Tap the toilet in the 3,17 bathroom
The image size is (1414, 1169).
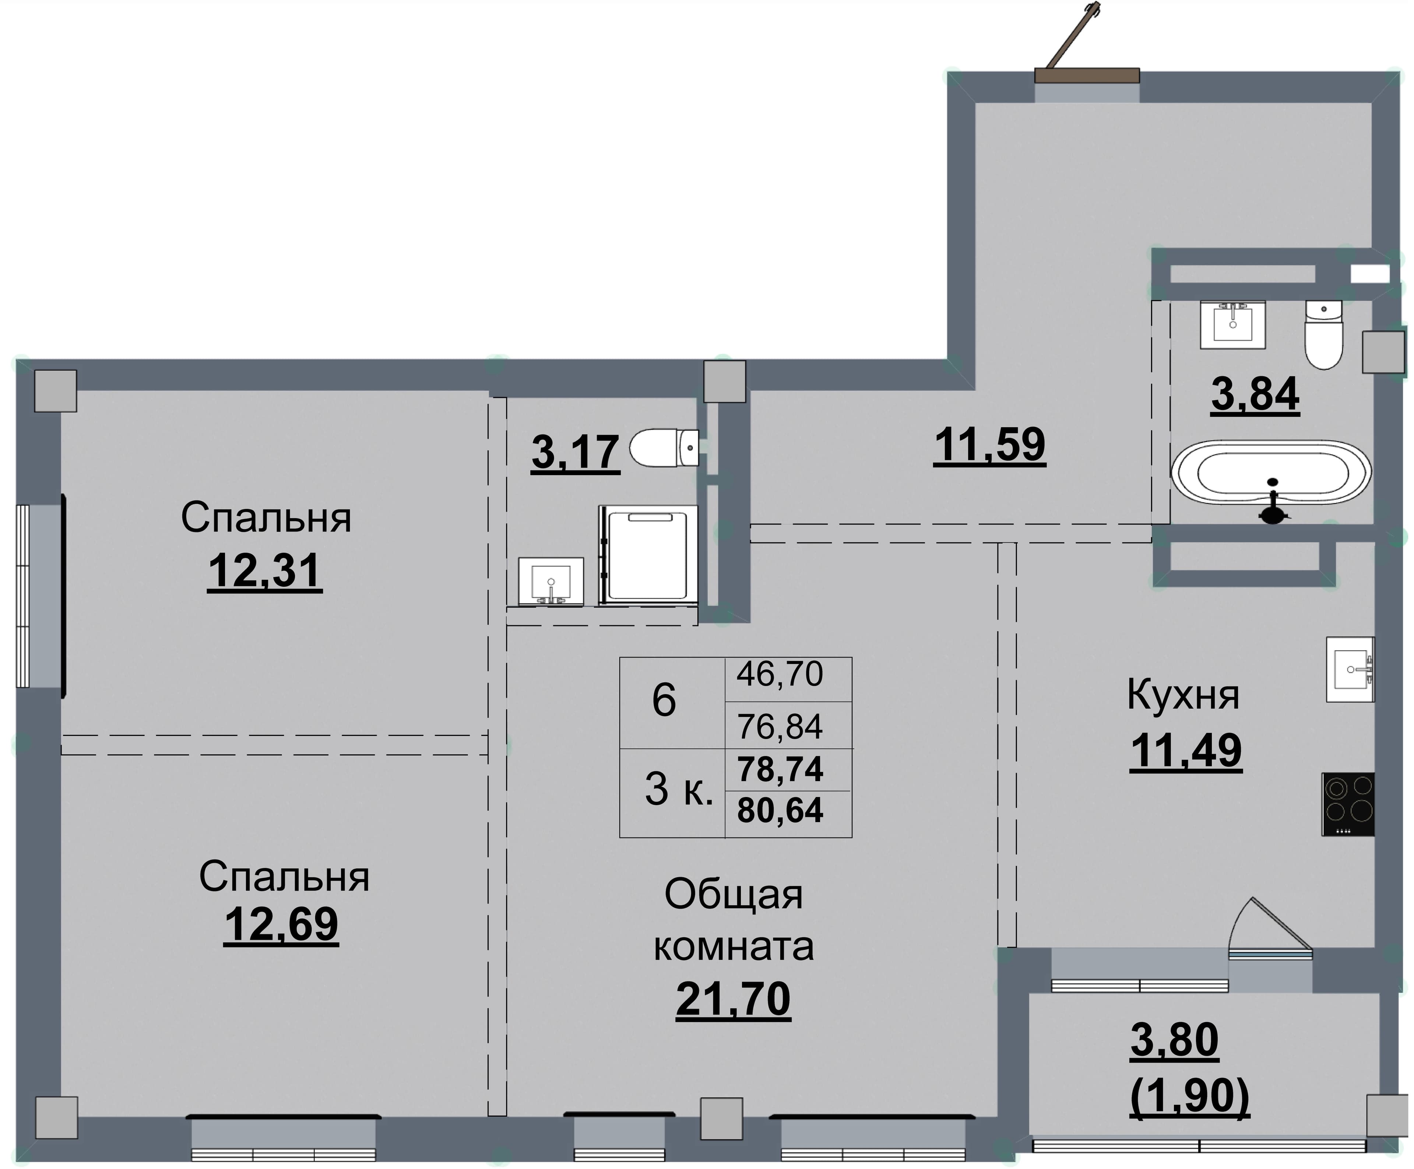click(664, 447)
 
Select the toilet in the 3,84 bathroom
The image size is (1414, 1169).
click(1324, 335)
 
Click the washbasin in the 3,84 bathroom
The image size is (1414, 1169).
click(1233, 324)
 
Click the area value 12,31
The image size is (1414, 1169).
click(265, 572)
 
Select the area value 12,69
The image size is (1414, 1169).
click(281, 925)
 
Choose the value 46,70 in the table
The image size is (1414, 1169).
click(780, 674)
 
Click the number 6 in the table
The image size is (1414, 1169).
click(664, 700)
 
